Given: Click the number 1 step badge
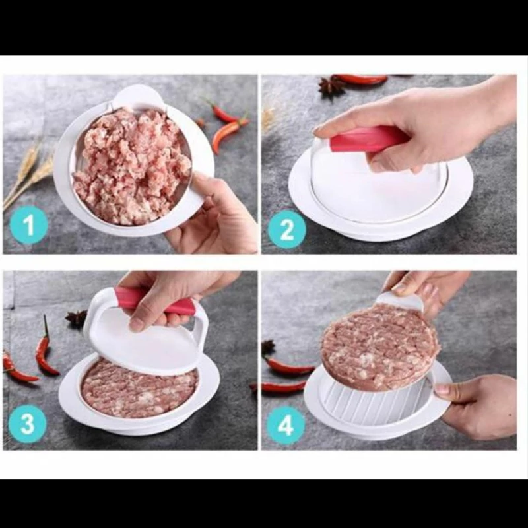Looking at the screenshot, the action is pos(28,224).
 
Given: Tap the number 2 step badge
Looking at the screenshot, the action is pos(287,229).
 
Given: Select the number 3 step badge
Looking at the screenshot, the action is pos(27,424).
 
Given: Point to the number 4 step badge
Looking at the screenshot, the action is pos(286,426).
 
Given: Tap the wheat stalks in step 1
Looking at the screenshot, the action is pos(28,175).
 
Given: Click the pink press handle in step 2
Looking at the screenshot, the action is pos(367,139).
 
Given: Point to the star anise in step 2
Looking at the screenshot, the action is pos(331,87).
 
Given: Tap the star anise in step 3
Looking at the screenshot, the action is pos(77,319).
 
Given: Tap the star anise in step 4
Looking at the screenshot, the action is pos(268,348).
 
